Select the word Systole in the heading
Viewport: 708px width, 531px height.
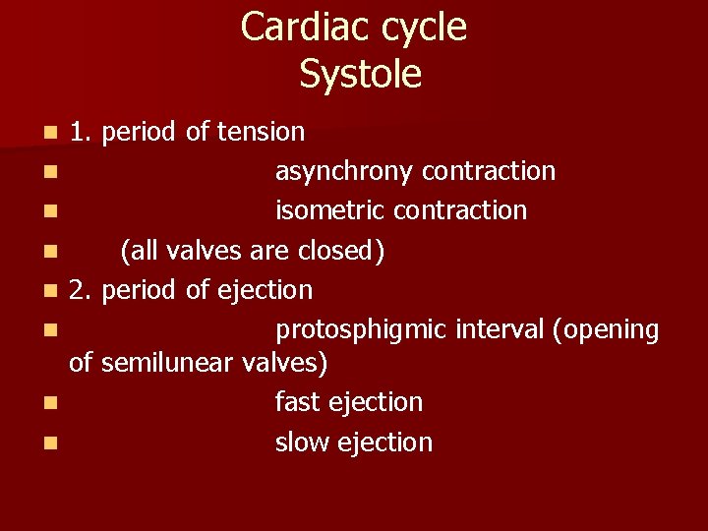pyautogui.click(x=361, y=75)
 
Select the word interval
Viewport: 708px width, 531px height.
pyautogui.click(x=501, y=329)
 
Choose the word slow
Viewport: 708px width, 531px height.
pyautogui.click(x=302, y=442)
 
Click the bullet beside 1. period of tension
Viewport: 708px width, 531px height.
pyautogui.click(x=49, y=132)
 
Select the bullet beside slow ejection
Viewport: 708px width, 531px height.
pyautogui.click(x=49, y=443)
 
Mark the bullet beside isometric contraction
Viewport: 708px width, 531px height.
pyautogui.click(x=49, y=211)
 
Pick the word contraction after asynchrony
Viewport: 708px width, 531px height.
pyautogui.click(x=489, y=171)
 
